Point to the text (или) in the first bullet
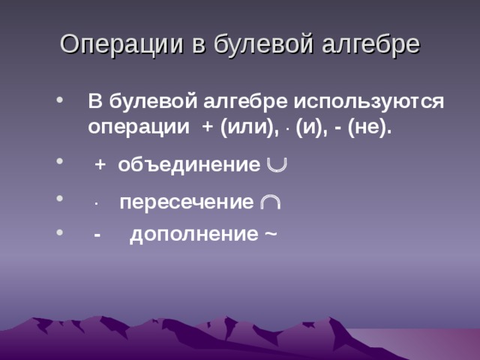click(x=250, y=127)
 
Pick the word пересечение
click(x=187, y=202)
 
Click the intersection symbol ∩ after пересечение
click(x=271, y=203)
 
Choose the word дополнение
click(x=193, y=234)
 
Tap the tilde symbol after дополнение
click(x=269, y=235)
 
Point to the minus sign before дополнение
click(x=97, y=235)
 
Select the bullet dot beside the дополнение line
click(x=61, y=233)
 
